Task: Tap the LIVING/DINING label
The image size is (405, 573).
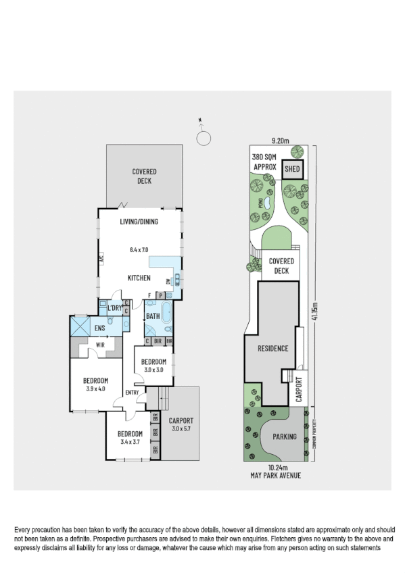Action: click(x=139, y=222)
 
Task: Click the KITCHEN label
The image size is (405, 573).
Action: click(x=139, y=278)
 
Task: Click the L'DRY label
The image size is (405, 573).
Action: click(x=114, y=308)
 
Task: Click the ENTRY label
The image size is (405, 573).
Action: click(x=133, y=393)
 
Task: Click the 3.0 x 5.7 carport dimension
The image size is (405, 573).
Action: click(x=181, y=429)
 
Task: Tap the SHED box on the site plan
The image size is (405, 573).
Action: click(x=292, y=169)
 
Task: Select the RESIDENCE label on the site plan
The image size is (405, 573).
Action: click(x=273, y=349)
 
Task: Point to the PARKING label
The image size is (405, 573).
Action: click(x=285, y=437)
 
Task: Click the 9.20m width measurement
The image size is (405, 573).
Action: click(x=280, y=141)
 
